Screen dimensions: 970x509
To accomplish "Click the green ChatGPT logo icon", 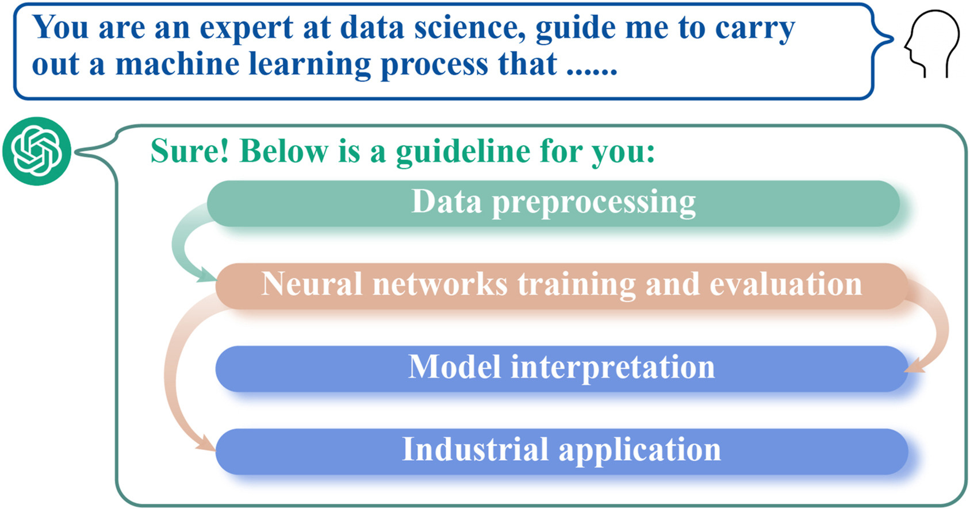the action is pos(37,152).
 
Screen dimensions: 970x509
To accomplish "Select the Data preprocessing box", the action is pos(553,203).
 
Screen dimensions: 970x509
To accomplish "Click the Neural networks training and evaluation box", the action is pos(562,286).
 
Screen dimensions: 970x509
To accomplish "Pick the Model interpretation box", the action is pos(562,369).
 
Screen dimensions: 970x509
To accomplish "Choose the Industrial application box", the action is pos(562,452).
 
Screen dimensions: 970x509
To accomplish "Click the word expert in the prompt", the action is pos(247,28).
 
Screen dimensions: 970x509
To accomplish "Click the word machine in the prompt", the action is pos(177,64).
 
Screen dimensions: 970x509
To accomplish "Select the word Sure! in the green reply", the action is pos(190,151).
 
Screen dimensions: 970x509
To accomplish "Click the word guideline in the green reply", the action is pos(462,153).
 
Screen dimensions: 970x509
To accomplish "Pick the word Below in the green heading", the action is pos(283,151).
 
